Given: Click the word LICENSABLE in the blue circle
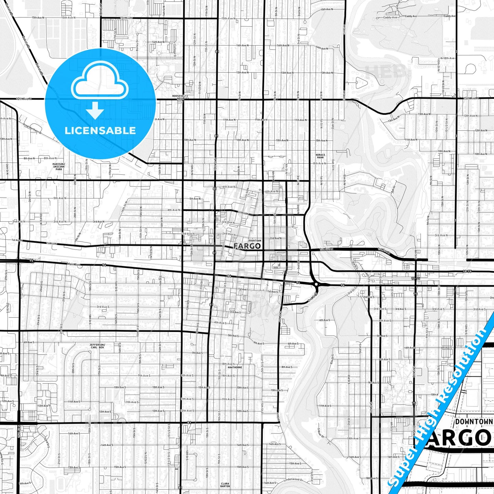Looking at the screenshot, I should pyautogui.click(x=100, y=131).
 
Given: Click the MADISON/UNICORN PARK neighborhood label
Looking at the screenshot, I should pyautogui.click(x=58, y=166).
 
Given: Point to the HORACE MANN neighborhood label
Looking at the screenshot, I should pyautogui.click(x=320, y=156).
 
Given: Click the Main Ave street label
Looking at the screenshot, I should pyautogui.click(x=73, y=264).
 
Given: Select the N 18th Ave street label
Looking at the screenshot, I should pyautogui.click(x=448, y=58).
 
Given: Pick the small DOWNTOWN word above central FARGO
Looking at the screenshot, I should pyautogui.click(x=255, y=241).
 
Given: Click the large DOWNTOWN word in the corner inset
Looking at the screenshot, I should pyautogui.click(x=474, y=422).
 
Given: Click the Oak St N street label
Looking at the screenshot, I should pyautogui.click(x=332, y=123).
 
